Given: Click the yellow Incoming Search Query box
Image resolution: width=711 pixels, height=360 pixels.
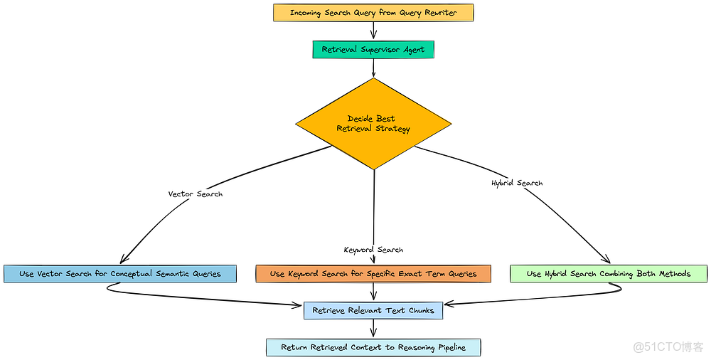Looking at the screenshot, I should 373,13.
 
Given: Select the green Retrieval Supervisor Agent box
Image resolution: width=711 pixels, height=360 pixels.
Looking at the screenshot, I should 373,50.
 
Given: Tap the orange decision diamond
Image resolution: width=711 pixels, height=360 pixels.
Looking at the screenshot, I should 373,124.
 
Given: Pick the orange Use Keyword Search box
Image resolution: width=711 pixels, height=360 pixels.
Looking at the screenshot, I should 373,274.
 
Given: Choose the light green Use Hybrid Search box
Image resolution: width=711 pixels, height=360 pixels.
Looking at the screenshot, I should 609,274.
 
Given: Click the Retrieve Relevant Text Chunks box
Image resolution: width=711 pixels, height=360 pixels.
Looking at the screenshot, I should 373,310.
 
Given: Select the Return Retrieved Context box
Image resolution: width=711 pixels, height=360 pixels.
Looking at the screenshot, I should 373,347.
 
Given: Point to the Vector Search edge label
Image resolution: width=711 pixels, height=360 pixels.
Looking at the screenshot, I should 195,194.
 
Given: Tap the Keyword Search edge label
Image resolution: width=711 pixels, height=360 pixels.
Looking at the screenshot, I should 373,250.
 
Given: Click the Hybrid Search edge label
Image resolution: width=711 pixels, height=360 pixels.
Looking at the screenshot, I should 517,183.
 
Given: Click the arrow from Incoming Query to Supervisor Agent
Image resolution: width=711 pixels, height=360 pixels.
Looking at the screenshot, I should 373,31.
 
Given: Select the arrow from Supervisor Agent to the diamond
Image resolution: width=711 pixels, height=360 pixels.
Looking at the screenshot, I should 373,68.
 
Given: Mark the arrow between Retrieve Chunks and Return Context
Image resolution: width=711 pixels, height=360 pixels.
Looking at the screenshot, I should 373,328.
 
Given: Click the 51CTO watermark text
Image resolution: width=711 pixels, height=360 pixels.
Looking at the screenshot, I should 668,346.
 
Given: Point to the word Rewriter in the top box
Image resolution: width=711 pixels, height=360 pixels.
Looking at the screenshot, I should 439,13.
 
